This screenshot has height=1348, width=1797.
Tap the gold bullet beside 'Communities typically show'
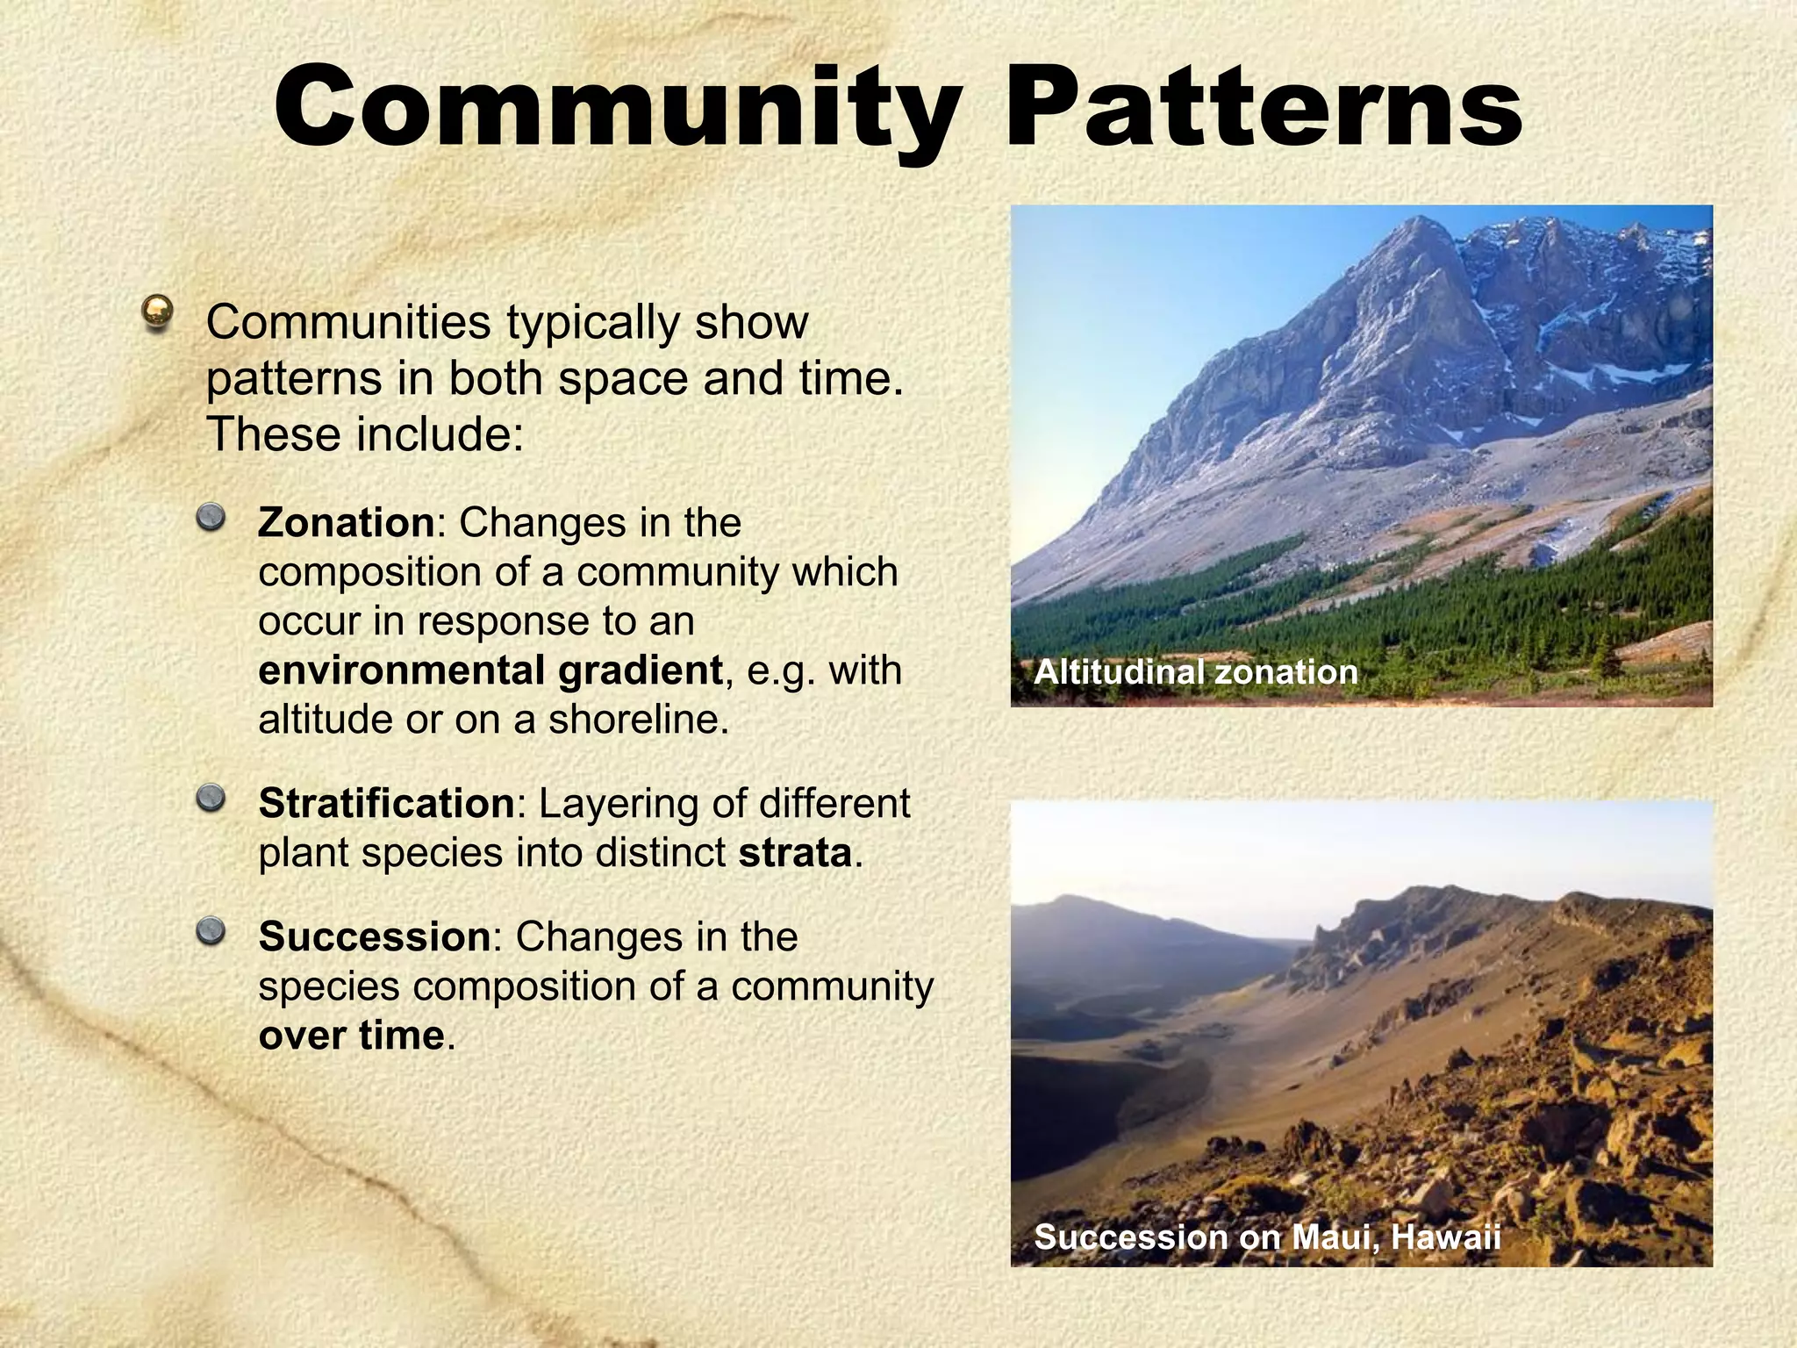(x=158, y=312)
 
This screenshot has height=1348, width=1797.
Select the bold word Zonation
(x=346, y=523)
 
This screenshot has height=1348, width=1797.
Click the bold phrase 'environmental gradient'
(x=490, y=670)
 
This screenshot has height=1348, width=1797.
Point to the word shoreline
(x=638, y=720)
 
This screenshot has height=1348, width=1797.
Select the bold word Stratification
(x=386, y=804)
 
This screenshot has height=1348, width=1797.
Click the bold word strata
(x=795, y=853)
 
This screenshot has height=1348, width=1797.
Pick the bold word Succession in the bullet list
(x=374, y=937)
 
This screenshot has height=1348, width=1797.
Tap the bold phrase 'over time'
(x=352, y=1036)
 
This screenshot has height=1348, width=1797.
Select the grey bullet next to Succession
(x=211, y=931)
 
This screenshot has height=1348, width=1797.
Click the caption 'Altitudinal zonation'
(x=1195, y=672)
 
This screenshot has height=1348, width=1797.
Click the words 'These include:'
(x=364, y=435)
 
